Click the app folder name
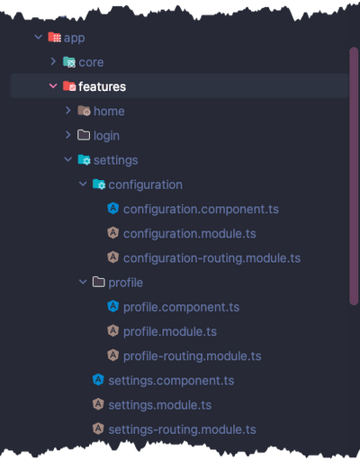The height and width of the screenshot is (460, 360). point(74,38)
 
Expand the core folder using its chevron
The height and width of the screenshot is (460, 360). point(53,61)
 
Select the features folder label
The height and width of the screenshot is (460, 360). point(102,86)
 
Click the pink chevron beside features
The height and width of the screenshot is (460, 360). point(53,86)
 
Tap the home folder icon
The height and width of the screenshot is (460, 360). point(84,111)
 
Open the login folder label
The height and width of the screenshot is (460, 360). point(106,136)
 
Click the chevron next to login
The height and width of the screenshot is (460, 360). point(68,135)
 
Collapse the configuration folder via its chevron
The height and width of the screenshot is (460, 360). point(83,184)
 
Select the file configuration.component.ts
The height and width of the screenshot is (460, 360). point(201,209)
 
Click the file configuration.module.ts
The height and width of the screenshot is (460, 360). point(190,233)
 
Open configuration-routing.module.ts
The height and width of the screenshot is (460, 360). point(211,258)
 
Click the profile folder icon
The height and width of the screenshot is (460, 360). point(98,282)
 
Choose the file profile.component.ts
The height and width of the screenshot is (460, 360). point(181,307)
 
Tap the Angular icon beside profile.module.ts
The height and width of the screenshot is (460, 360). point(112,330)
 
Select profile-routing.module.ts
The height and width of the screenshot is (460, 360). point(193,356)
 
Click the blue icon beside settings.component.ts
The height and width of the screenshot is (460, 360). point(98,380)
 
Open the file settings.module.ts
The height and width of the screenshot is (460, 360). point(160,405)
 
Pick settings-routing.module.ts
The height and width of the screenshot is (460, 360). point(182,429)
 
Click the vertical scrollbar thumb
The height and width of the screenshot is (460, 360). point(354,176)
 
